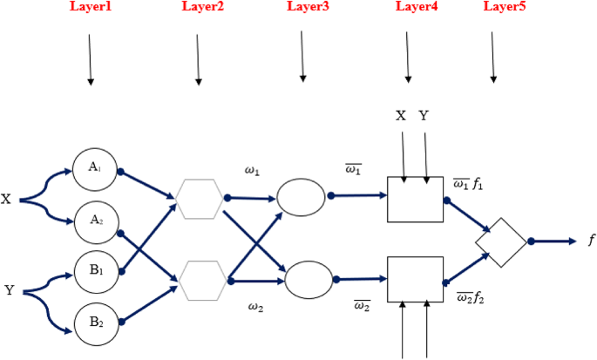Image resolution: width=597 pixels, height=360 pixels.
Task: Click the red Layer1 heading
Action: [91, 7]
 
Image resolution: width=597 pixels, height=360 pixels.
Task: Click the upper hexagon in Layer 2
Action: [200, 197]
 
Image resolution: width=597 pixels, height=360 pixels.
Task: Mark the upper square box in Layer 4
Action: [416, 200]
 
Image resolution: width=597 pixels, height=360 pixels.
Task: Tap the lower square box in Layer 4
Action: [416, 279]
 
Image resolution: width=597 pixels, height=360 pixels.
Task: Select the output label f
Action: [591, 241]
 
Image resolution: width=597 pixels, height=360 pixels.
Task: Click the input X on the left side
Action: [6, 200]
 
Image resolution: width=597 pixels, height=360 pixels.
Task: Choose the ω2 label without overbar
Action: [254, 307]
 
